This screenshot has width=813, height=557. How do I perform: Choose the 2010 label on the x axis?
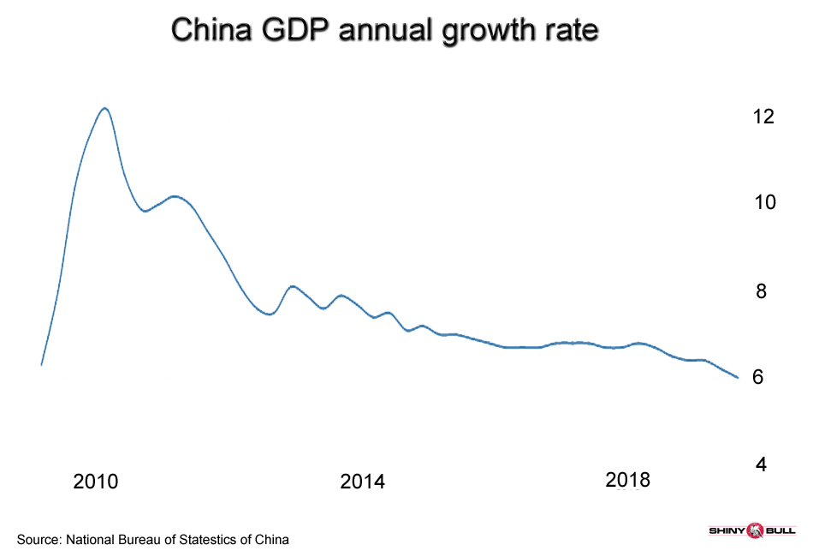[96, 482]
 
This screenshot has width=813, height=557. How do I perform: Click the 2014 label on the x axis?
[363, 482]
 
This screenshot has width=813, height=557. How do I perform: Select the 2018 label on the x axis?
[628, 480]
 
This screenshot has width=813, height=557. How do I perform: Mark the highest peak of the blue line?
[104, 108]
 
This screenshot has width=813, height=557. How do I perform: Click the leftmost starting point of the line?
[41, 365]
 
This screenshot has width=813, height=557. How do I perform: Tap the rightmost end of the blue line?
[738, 377]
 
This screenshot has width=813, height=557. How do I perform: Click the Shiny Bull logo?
[753, 532]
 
